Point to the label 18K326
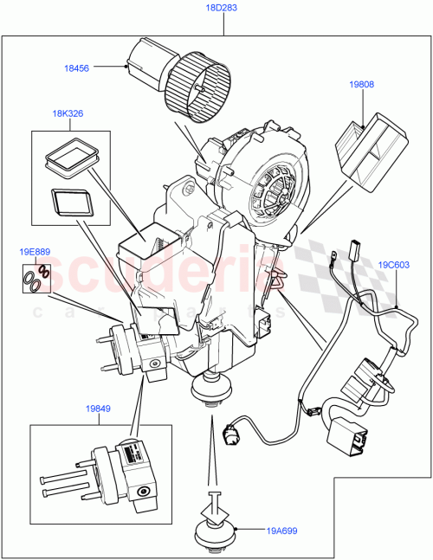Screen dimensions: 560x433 click(68, 114)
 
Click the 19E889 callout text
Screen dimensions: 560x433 click(35, 252)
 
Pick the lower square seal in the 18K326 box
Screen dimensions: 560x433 click(71, 202)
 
